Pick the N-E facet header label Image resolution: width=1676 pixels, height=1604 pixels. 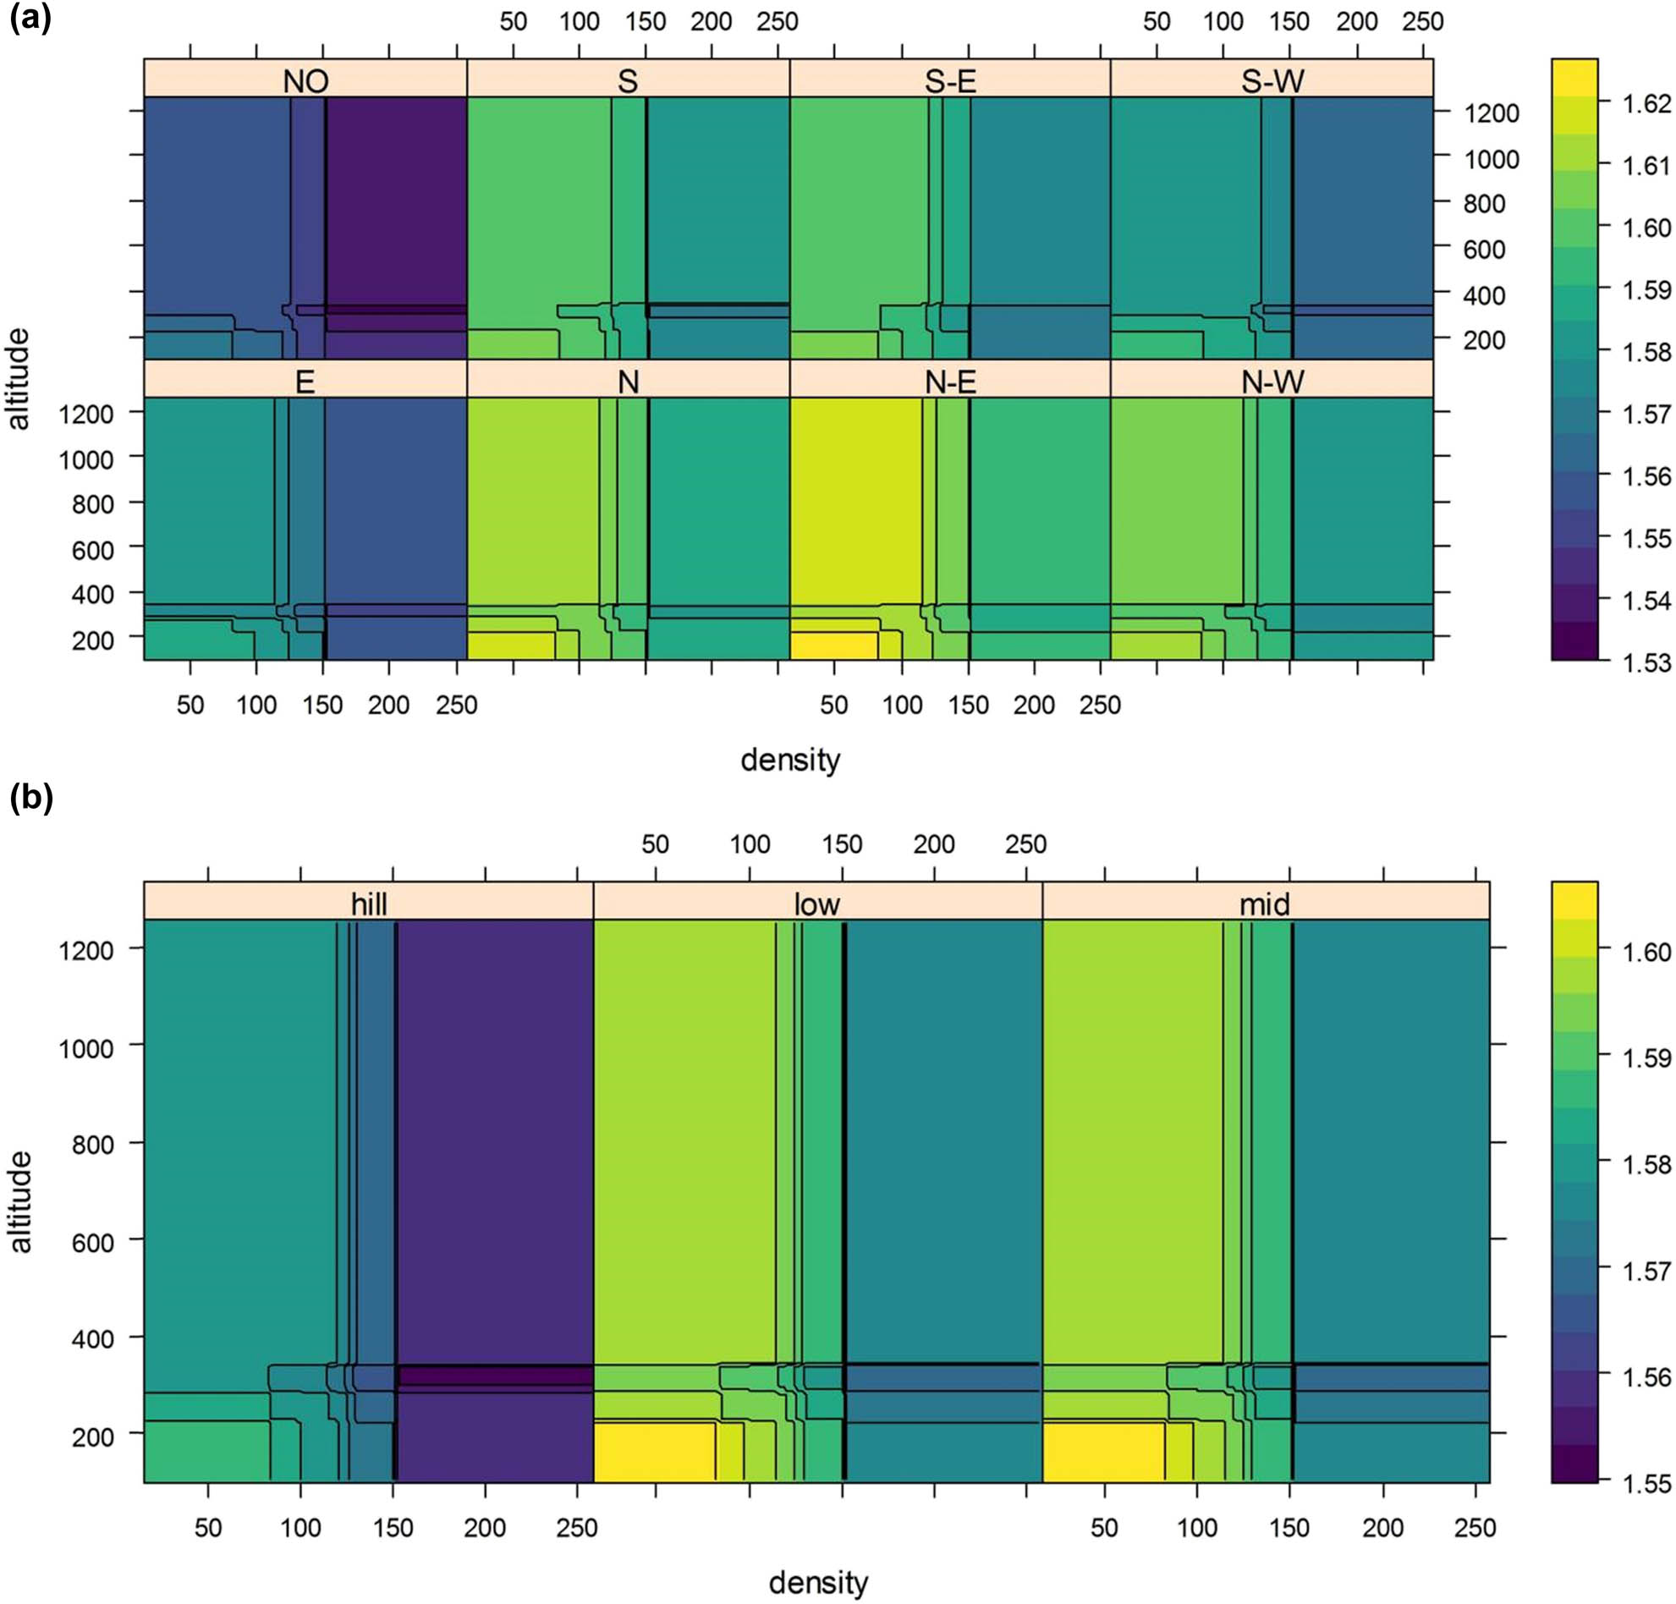pos(950,382)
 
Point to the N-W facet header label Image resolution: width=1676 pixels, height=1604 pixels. pos(1272,382)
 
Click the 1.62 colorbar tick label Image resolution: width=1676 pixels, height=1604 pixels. pos(1646,103)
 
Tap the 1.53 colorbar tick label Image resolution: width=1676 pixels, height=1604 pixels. pos(1646,662)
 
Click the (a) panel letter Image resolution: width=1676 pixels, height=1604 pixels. pos(30,17)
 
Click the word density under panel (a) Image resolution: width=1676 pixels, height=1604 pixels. pos(790,759)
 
